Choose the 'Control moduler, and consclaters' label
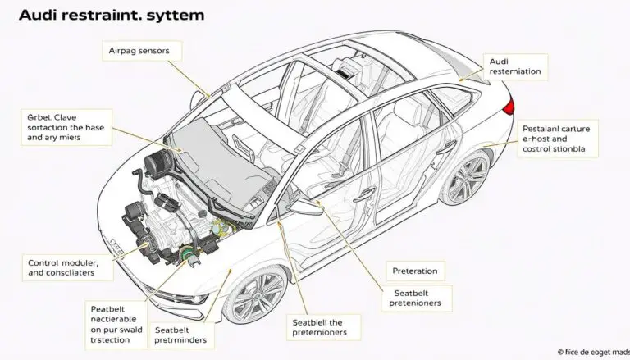click(60, 267)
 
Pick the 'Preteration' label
click(414, 271)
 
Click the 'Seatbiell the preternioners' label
click(326, 327)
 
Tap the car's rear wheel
click(465, 178)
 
